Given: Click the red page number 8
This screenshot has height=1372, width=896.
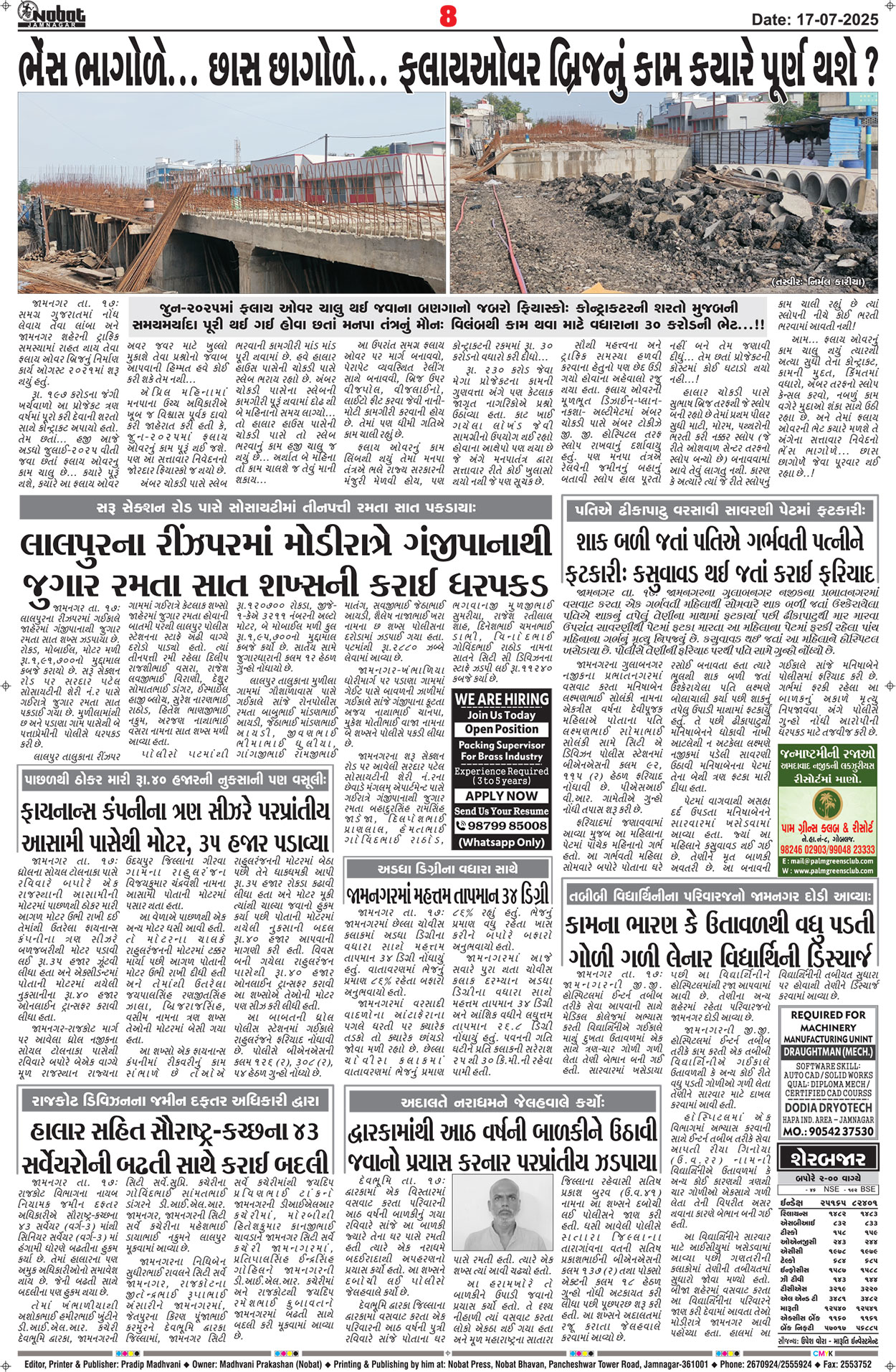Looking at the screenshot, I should [448, 16].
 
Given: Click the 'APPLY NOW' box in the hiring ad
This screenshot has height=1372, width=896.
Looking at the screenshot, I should [501, 796].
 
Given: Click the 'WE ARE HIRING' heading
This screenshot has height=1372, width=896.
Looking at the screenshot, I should [501, 699].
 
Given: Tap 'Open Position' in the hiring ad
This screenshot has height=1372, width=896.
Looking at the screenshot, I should [501, 729].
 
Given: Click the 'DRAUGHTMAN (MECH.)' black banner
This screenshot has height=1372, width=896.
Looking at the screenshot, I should [828, 1052].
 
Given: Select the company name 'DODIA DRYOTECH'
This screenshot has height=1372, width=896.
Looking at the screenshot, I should [828, 1107].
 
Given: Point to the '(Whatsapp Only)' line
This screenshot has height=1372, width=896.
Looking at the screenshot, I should [501, 842].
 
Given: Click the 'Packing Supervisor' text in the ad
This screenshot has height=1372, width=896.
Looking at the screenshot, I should [501, 745].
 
